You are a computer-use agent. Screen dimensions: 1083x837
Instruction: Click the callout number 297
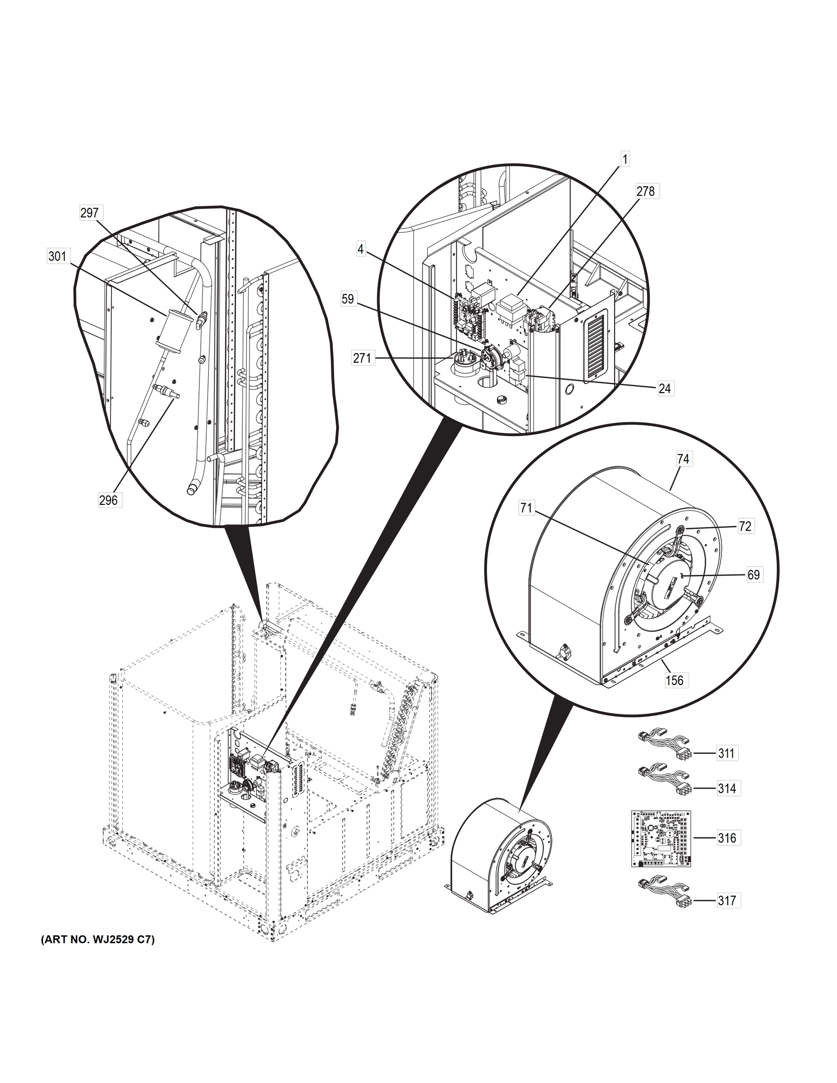pos(90,213)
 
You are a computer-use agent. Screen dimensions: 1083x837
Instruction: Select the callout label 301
pos(57,256)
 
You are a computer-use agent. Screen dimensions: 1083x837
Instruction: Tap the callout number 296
pos(108,500)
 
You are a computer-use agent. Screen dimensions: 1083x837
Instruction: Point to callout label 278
pos(645,191)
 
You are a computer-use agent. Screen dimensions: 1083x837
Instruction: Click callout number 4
pos(361,250)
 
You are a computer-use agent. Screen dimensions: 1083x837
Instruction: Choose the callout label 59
pos(348,299)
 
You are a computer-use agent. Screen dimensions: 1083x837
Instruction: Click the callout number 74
pos(683,460)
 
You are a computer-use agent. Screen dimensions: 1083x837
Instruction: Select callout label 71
pos(526,508)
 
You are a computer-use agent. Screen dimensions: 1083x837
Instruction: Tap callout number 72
pos(745,526)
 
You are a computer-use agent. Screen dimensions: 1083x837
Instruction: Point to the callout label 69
pos(753,575)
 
